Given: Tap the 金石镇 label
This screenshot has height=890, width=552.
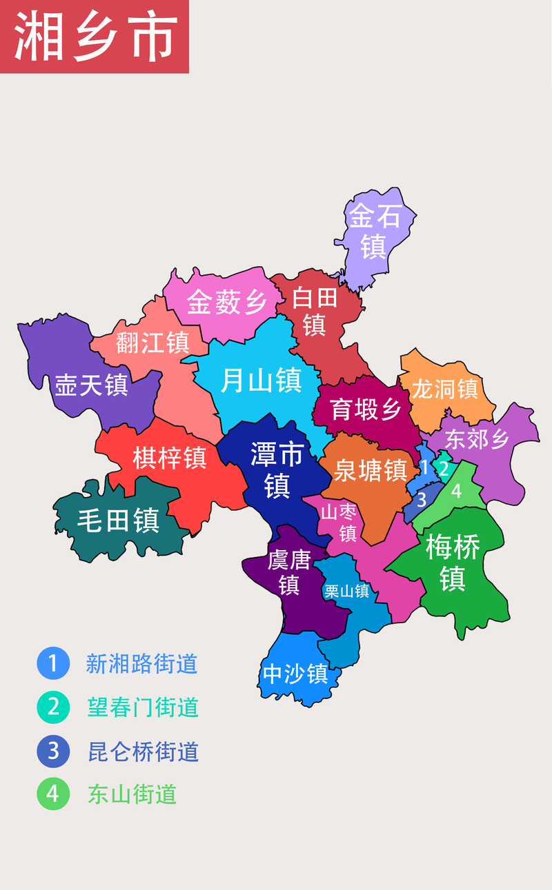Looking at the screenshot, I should (x=374, y=232).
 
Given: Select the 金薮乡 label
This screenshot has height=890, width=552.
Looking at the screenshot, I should (x=226, y=302).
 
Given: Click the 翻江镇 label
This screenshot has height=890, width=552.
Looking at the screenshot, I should (x=152, y=343).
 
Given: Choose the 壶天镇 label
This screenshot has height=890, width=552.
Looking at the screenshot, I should (x=92, y=385).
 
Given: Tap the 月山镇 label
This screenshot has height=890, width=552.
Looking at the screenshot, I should (x=261, y=380).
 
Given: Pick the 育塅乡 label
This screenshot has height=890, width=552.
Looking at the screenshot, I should (x=366, y=409).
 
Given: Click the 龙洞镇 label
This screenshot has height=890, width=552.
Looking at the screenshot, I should (x=445, y=388).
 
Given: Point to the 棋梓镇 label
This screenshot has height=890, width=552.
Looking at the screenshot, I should (x=170, y=457).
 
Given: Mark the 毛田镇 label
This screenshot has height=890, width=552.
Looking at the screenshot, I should (x=118, y=520).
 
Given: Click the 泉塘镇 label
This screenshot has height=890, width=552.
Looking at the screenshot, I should (x=370, y=470).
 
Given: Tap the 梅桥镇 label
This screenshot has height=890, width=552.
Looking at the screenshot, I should (x=453, y=563).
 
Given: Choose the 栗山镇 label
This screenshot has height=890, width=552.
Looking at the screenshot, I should (x=347, y=591).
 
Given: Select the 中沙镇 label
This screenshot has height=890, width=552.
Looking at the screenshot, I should (x=295, y=674).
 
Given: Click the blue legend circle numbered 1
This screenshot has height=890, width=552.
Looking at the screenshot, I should (x=53, y=664).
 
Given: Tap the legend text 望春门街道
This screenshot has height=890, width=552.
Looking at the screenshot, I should (x=143, y=707).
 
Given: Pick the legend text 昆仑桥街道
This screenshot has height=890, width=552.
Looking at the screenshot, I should (x=143, y=751).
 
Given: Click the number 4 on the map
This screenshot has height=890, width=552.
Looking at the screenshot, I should (x=456, y=492).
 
